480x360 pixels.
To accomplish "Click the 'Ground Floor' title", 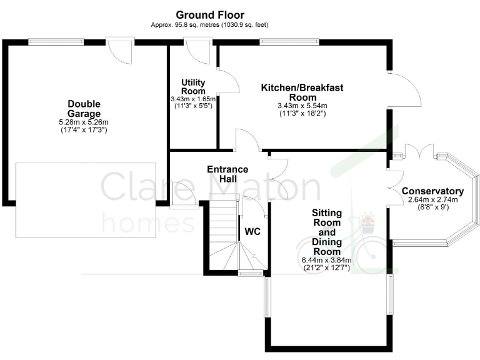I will pyautogui.click(x=210, y=14).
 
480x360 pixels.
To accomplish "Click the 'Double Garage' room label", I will pyautogui.click(x=84, y=109).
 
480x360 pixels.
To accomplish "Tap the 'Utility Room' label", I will pyautogui.click(x=193, y=87).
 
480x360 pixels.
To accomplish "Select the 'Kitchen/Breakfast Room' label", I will pyautogui.click(x=302, y=92).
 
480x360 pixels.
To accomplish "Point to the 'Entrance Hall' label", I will pyautogui.click(x=227, y=174).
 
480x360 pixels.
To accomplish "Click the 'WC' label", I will pyautogui.click(x=252, y=231).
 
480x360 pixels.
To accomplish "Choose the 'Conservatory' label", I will pyautogui.click(x=432, y=191).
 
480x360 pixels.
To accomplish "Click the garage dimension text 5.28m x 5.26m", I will pyautogui.click(x=84, y=122).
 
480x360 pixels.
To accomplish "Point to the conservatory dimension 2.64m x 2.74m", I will pyautogui.click(x=432, y=200).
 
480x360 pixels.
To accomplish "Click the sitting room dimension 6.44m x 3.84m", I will pyautogui.click(x=326, y=260).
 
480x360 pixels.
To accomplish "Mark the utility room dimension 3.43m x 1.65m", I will pyautogui.click(x=193, y=99).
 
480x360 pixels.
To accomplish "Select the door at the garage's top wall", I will pyautogui.click(x=120, y=51).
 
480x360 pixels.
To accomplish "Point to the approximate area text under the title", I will pyautogui.click(x=210, y=25).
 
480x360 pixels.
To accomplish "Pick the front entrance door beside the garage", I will pyautogui.click(x=183, y=191).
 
